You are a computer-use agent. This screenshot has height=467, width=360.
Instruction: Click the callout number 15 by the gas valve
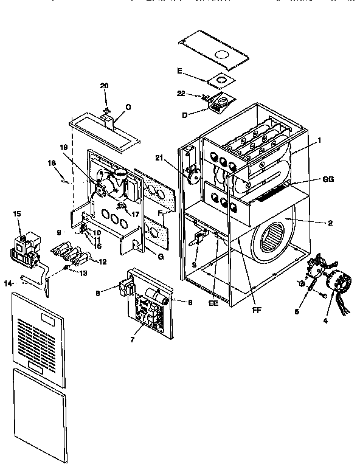pyautogui.click(x=17, y=213)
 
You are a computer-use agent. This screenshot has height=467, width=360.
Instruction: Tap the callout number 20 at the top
pyautogui.click(x=104, y=86)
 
